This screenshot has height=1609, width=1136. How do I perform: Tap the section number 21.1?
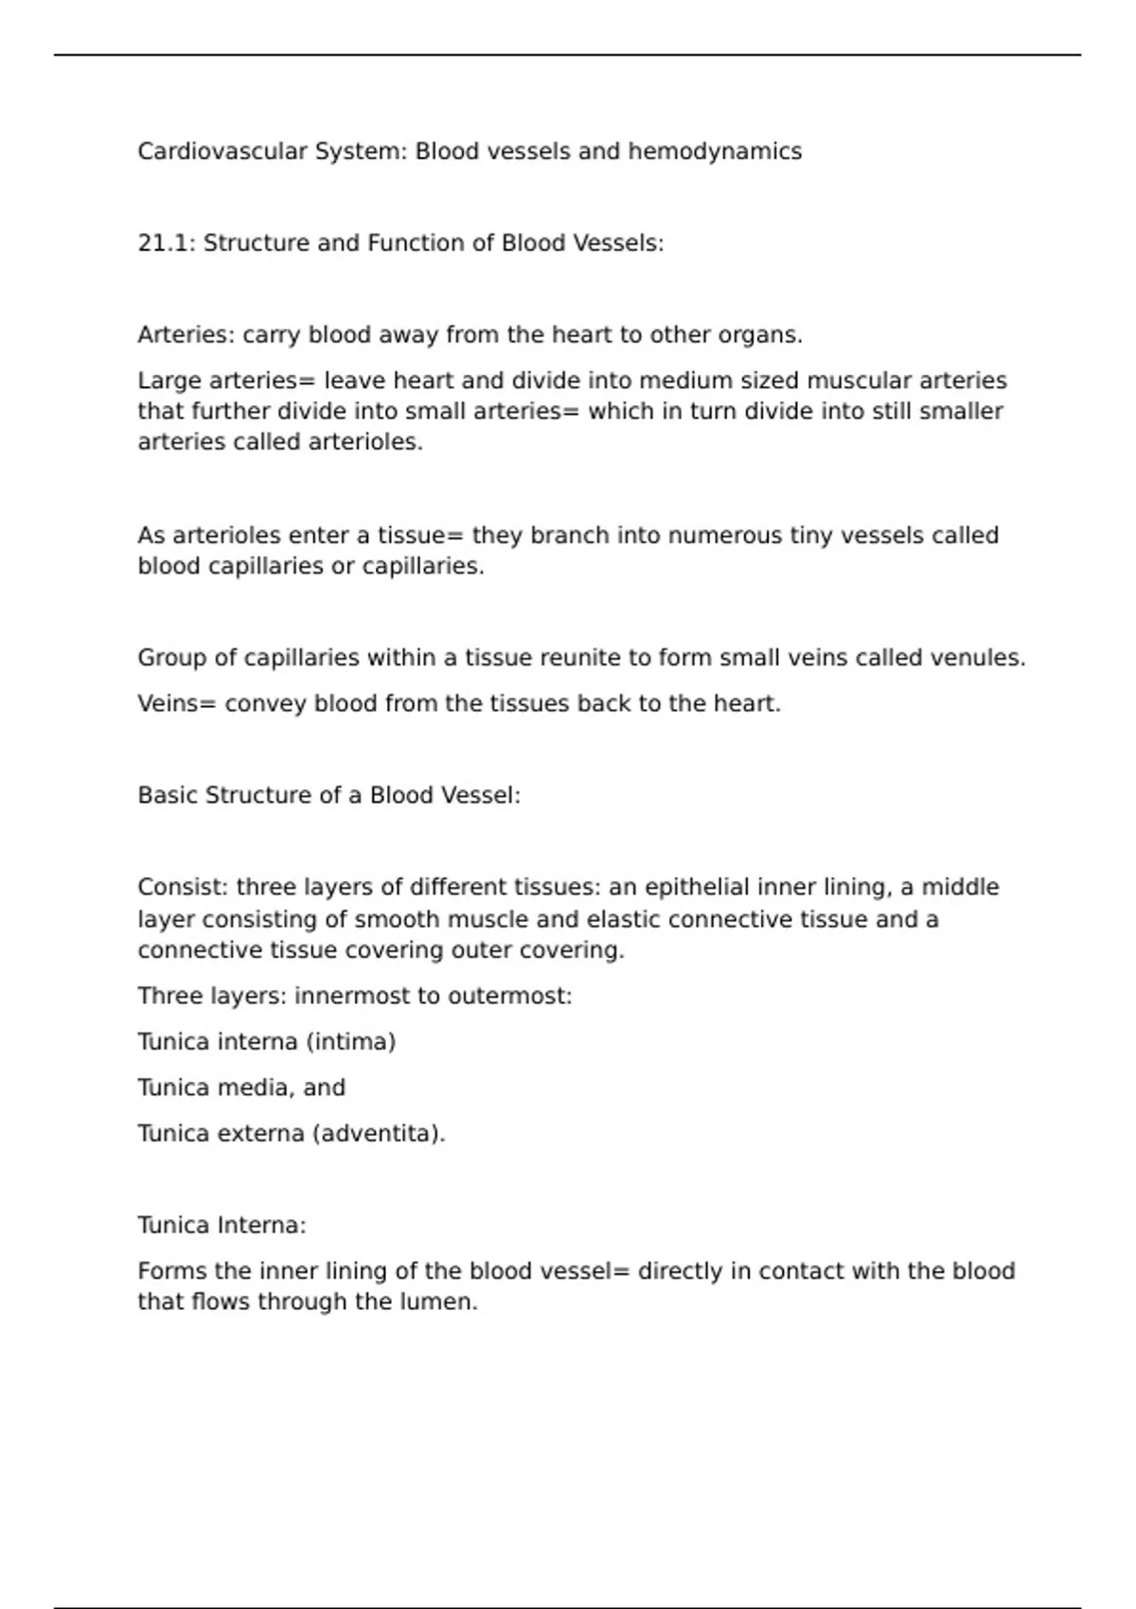[x=166, y=243]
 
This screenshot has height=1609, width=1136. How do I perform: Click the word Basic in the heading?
[x=168, y=795]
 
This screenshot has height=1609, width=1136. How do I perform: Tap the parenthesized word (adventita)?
[x=378, y=1134]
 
